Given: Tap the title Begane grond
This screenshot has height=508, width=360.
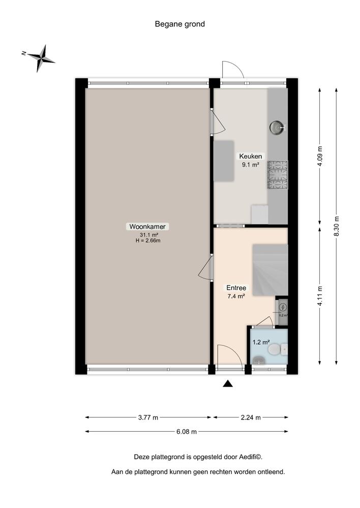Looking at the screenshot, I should (180, 24).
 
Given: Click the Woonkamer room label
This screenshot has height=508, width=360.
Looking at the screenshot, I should (148, 227).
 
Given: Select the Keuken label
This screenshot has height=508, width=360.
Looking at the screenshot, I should (251, 156).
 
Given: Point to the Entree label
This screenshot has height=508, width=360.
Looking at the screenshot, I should (236, 288).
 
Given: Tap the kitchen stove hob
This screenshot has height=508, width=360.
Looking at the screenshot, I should (278, 175).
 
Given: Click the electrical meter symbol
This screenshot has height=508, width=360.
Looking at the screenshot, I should (283, 307).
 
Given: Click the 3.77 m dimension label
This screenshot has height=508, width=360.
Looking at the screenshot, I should (148, 418).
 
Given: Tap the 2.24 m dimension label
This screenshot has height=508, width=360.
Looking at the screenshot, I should (251, 418).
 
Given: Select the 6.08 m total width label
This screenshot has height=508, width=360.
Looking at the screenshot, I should (186, 432).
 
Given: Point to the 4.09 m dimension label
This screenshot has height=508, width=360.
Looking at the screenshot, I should (320, 156).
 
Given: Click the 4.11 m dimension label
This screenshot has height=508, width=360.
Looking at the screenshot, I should (320, 296).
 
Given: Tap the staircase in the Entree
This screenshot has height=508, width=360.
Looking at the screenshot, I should (269, 269).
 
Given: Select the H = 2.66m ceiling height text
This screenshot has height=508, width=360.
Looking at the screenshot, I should (148, 241).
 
